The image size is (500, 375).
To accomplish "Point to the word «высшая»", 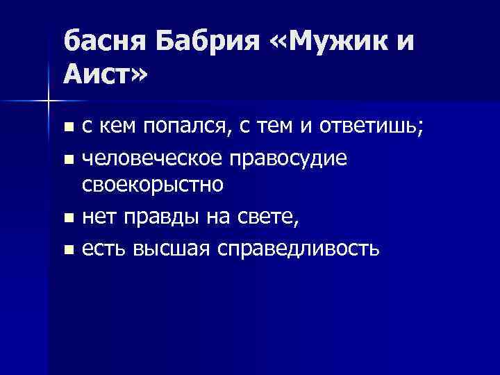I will click(x=171, y=248).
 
